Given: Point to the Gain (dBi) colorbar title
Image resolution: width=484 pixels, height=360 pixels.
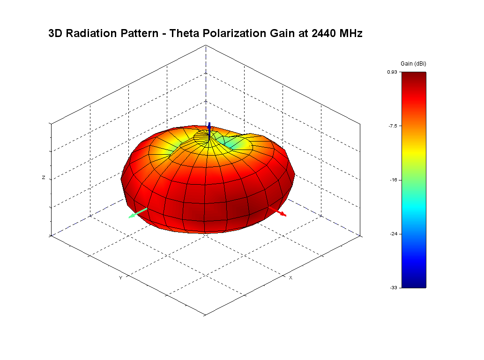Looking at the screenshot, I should pyautogui.click(x=413, y=63).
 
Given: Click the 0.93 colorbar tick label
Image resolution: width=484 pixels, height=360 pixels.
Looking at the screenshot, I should pyautogui.click(x=392, y=72).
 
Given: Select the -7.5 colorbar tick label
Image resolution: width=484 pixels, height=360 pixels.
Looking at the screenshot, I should pyautogui.click(x=393, y=126).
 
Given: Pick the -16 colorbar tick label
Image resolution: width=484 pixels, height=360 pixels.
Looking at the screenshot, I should pyautogui.click(x=394, y=180).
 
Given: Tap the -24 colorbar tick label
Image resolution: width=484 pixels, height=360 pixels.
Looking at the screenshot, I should pyautogui.click(x=394, y=233).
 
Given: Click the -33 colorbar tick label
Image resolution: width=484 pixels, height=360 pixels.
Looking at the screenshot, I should pyautogui.click(x=394, y=287).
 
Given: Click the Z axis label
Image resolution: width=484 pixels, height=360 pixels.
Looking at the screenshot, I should pyautogui.click(x=44, y=178).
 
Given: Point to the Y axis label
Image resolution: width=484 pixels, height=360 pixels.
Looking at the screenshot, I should pyautogui.click(x=120, y=278).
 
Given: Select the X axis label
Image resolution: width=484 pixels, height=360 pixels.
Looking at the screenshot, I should pyautogui.click(x=290, y=278).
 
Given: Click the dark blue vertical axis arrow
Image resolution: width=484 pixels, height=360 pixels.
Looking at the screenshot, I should pyautogui.click(x=209, y=127).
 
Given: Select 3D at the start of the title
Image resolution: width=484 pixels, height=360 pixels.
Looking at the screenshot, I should pyautogui.click(x=55, y=34).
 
